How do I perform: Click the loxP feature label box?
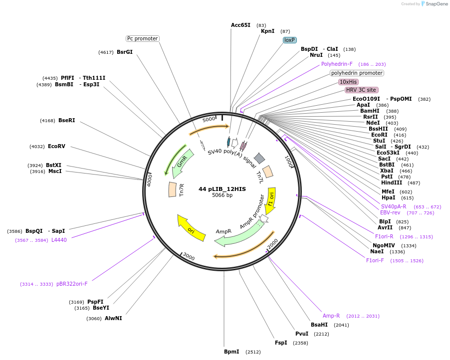coord(290,40)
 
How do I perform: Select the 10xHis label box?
coord(348,82)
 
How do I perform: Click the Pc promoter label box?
coord(142,38)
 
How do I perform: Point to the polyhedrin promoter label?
coord(357,73)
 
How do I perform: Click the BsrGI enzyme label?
coord(124,52)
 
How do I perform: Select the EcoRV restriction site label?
coord(56,147)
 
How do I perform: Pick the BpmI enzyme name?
coord(231,352)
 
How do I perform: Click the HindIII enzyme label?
coord(392,183)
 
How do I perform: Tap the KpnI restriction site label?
coord(267,31)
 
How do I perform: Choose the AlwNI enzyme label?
coord(113,318)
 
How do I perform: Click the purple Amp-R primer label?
coord(331,316)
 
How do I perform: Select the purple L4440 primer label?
coord(59,240)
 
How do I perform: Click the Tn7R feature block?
coord(173,189)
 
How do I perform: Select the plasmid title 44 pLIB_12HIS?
coord(222,189)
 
